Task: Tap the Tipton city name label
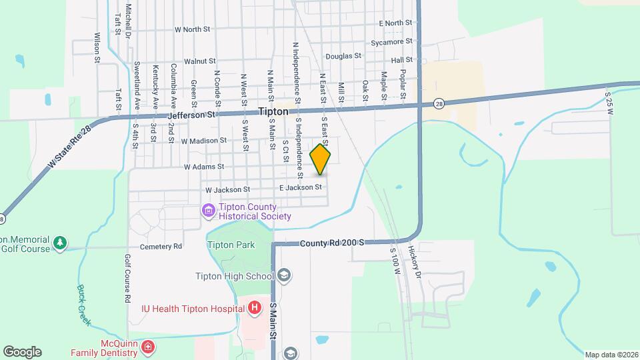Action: [273, 112]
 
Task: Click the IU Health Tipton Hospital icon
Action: [254, 308]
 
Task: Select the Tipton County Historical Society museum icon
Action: [209, 211]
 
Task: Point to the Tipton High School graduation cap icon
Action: [283, 276]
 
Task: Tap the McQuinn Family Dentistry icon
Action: [147, 347]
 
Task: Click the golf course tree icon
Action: [60, 243]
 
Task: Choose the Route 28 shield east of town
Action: [438, 103]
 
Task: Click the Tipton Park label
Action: [231, 245]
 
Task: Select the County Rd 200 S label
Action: [331, 245]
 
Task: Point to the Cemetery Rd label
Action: [161, 247]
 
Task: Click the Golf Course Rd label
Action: [127, 279]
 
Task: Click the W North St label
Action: [192, 29]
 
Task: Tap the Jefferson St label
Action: [193, 115]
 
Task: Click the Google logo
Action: [22, 352]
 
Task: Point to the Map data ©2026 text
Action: [611, 355]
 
